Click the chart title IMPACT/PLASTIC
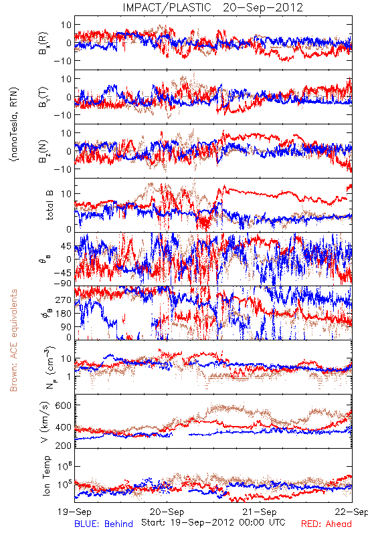(x=167, y=7)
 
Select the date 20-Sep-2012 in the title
(x=263, y=7)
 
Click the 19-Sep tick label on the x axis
(x=74, y=512)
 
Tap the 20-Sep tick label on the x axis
(x=167, y=512)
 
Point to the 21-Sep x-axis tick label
(x=260, y=512)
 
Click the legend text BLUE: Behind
(x=104, y=524)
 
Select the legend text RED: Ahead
(x=327, y=524)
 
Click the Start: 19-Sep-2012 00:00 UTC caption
(x=213, y=522)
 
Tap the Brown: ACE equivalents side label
(x=13, y=340)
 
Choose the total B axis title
(x=50, y=205)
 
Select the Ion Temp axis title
(x=46, y=475)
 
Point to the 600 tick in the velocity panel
(x=63, y=405)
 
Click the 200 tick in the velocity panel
(x=63, y=445)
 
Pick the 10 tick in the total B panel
(x=66, y=193)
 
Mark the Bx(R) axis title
(x=43, y=43)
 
